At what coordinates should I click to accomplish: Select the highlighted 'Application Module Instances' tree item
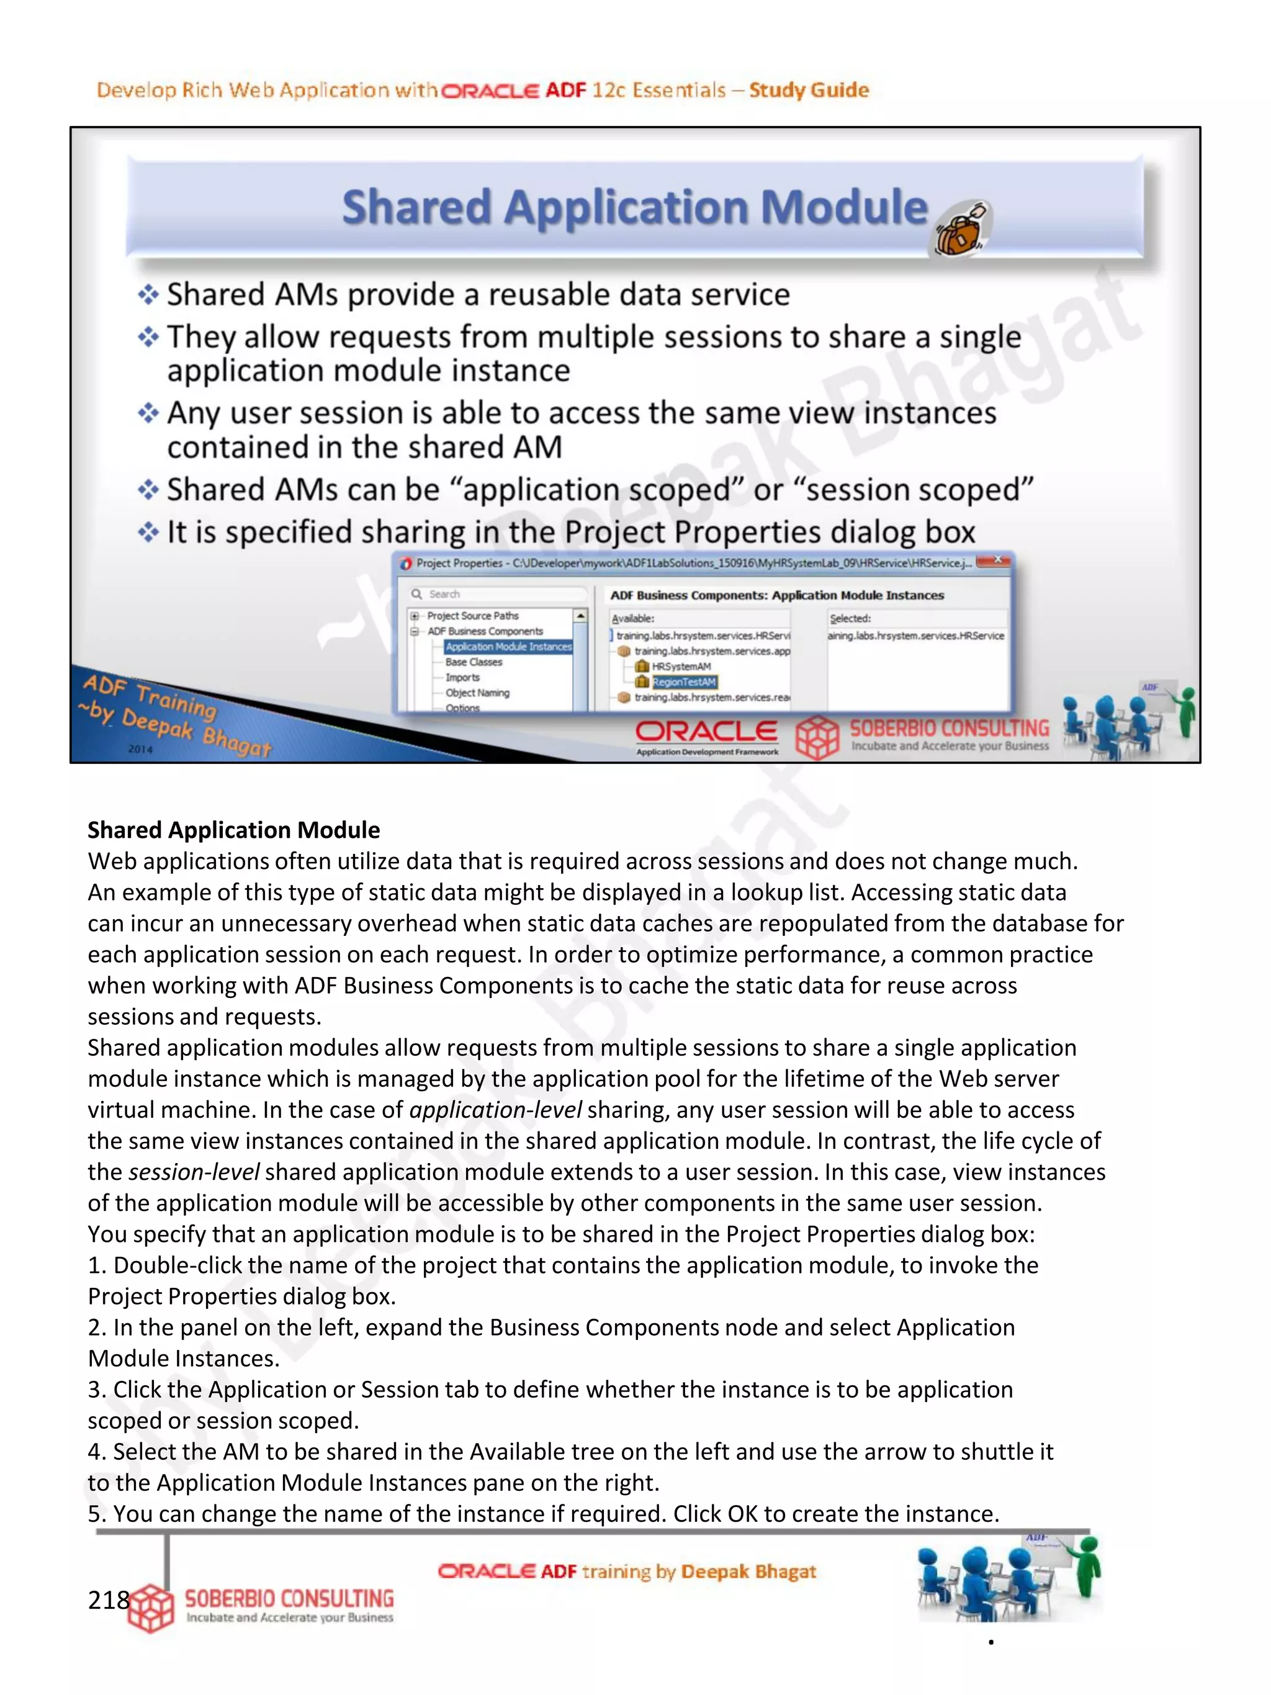pyautogui.click(x=508, y=647)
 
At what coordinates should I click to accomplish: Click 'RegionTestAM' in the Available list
pyautogui.click(x=683, y=682)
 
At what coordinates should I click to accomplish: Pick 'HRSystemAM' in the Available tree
pyautogui.click(x=680, y=667)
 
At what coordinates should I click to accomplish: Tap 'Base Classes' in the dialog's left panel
pyautogui.click(x=474, y=662)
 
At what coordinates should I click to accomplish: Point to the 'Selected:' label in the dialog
pyautogui.click(x=850, y=618)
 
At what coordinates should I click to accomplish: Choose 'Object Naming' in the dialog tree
pyautogui.click(x=477, y=693)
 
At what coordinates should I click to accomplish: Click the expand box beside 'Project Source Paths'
pyautogui.click(x=415, y=615)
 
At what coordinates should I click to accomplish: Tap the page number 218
pyautogui.click(x=109, y=1600)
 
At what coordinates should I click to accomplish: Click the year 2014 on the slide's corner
pyautogui.click(x=140, y=749)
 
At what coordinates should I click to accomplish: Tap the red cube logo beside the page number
pyautogui.click(x=151, y=1607)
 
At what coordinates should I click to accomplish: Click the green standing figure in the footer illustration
pyautogui.click(x=1087, y=1568)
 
